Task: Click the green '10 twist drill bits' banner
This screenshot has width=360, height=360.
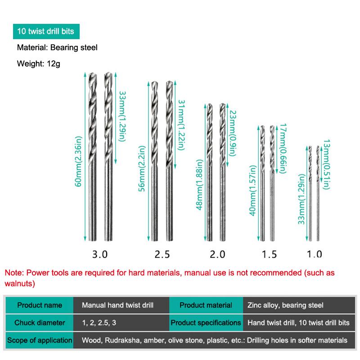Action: click(46, 31)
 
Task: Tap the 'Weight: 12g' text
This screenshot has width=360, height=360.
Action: click(39, 63)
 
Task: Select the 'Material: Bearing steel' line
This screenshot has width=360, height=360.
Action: click(57, 48)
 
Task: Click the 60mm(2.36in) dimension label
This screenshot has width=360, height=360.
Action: click(78, 162)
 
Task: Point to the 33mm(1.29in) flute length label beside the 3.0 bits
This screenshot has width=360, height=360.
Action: click(122, 117)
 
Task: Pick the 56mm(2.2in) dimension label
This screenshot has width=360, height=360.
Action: click(142, 168)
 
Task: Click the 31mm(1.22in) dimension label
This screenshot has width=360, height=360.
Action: click(182, 125)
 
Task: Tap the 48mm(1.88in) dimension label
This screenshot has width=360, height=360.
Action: click(199, 185)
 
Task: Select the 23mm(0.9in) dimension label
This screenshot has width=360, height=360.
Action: click(233, 133)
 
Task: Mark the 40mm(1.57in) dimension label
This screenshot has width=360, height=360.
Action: click(253, 190)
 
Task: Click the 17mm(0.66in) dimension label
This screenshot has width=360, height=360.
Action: click(283, 148)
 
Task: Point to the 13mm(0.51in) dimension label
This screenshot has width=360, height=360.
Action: click(327, 164)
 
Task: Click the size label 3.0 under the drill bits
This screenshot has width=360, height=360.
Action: click(100, 254)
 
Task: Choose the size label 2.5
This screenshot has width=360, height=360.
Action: click(162, 254)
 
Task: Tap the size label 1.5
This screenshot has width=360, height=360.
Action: click(269, 254)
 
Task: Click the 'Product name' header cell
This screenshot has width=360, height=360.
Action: click(40, 305)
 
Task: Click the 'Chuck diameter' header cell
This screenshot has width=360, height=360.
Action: click(40, 323)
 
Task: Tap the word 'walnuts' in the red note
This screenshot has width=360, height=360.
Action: click(18, 283)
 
